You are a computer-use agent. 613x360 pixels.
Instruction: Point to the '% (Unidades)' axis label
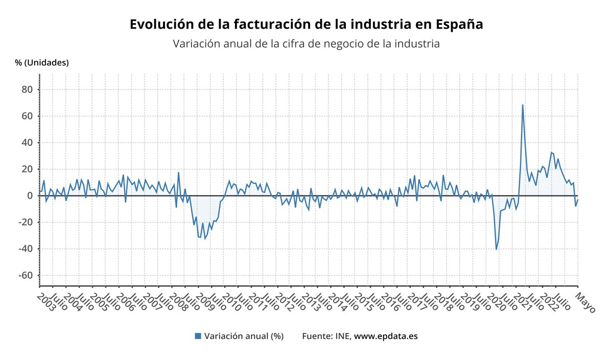[42, 63]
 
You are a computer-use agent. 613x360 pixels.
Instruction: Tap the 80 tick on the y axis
[27, 89]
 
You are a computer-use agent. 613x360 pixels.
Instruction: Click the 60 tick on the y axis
[27, 116]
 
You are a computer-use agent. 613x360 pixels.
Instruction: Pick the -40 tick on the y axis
[25, 249]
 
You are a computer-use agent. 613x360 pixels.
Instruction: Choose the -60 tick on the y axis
[25, 275]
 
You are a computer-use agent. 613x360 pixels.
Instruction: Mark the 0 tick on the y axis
[29, 196]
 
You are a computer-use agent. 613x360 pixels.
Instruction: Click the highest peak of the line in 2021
[523, 105]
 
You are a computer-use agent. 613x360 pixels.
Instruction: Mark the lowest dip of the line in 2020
[496, 249]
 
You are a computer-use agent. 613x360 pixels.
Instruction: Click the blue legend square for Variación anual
[198, 336]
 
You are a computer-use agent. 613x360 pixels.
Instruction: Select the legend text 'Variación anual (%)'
[244, 336]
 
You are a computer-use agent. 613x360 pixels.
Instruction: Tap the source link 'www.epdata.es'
[386, 336]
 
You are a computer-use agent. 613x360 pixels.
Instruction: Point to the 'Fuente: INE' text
[325, 336]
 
